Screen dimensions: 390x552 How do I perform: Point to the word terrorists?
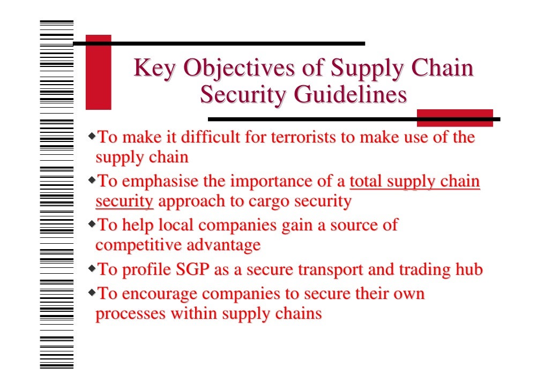[305, 137]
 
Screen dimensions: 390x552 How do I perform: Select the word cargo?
[260, 201]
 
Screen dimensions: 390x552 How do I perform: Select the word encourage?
[159, 294]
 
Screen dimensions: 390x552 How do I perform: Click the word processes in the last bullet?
[130, 313]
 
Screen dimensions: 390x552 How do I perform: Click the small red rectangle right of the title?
[454, 118]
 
